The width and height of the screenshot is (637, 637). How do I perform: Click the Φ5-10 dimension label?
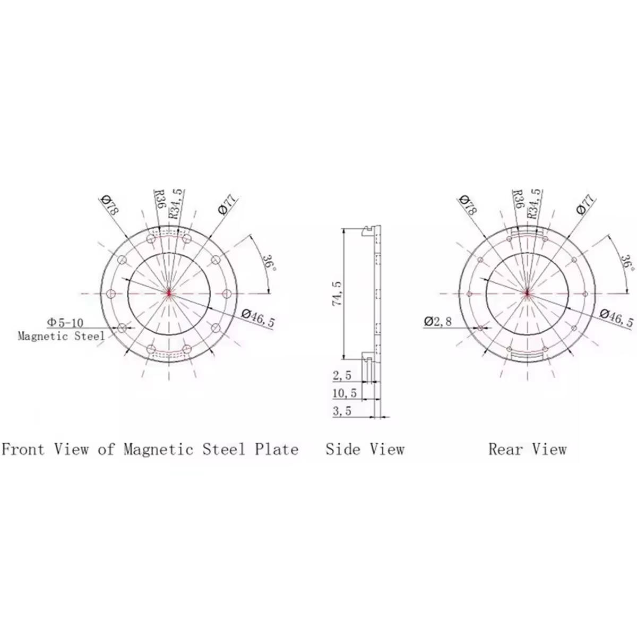pyautogui.click(x=65, y=322)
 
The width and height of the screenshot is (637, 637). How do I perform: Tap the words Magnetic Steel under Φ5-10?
pyautogui.click(x=61, y=336)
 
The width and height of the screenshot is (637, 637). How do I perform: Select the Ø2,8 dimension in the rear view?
pyautogui.click(x=437, y=321)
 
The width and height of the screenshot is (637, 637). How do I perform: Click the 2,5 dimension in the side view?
pyautogui.click(x=342, y=376)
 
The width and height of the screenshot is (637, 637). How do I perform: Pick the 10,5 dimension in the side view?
pyautogui.click(x=345, y=393)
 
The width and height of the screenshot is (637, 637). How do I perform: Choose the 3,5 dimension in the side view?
pyautogui.click(x=342, y=411)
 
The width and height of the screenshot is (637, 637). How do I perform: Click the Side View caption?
pyautogui.click(x=365, y=449)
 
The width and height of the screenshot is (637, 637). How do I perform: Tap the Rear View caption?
pyautogui.click(x=528, y=449)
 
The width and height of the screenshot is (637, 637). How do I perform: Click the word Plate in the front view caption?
pyautogui.click(x=277, y=449)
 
